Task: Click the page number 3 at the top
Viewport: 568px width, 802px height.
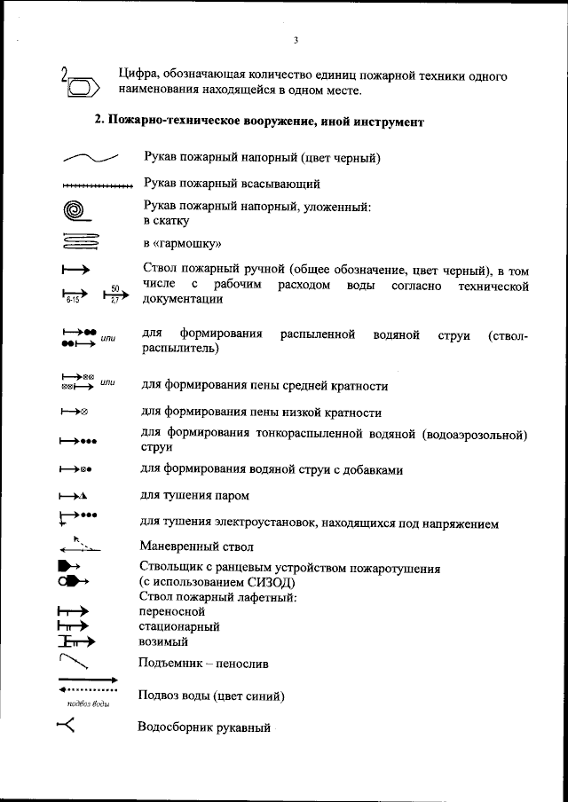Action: point(295,39)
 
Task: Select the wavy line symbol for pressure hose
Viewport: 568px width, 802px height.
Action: point(90,159)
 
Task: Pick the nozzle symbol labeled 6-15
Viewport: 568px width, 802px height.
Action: point(75,295)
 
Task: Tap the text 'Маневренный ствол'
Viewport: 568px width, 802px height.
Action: point(196,546)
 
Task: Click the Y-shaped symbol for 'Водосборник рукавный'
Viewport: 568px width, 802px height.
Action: point(66,727)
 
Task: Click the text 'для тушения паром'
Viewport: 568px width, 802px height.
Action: point(195,495)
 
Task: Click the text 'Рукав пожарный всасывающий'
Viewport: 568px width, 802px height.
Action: point(231,185)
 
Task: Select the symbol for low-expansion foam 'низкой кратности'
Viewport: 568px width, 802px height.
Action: point(74,413)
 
